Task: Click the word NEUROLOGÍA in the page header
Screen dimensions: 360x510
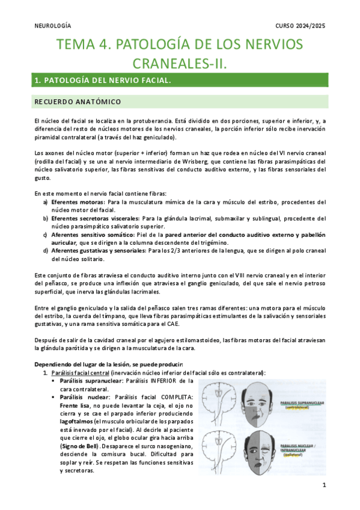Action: [52, 25]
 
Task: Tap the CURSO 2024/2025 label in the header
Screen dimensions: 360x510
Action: [301, 25]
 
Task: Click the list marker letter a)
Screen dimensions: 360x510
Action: [46, 203]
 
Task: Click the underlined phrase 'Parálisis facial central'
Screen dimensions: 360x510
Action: [81, 373]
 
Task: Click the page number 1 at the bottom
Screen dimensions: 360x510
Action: [324, 485]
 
